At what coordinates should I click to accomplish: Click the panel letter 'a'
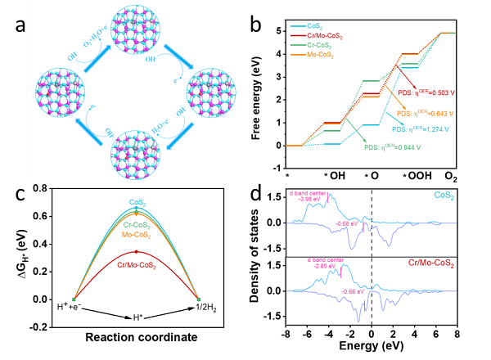coord(23,26)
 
